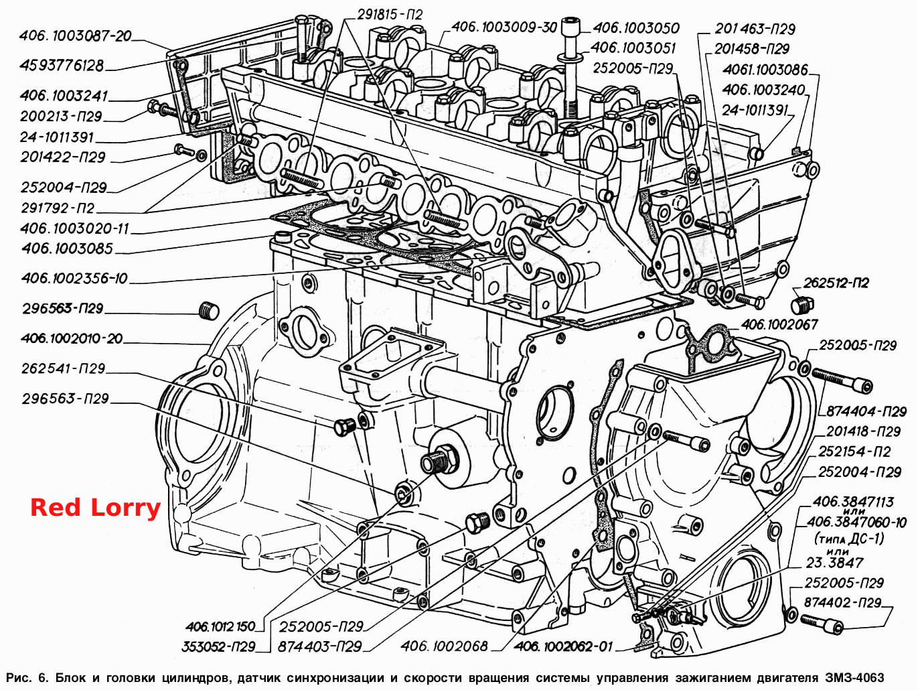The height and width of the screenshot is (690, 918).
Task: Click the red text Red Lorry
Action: (95, 508)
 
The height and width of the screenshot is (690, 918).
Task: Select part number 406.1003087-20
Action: (76, 36)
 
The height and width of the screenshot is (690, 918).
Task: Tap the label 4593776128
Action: (62, 66)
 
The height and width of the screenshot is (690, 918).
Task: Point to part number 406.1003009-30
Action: (504, 27)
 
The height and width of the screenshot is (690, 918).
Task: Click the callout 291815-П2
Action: (390, 15)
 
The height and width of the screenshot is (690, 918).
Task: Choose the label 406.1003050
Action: (636, 28)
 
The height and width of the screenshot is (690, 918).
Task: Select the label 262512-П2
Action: (836, 283)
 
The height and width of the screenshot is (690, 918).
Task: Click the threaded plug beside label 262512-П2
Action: (802, 305)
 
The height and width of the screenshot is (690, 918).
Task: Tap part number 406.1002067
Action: (779, 325)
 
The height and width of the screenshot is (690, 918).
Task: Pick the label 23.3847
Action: (834, 562)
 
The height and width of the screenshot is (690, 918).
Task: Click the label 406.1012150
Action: (220, 626)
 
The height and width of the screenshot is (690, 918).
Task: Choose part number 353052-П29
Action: (218, 646)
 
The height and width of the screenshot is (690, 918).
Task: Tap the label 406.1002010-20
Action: (72, 338)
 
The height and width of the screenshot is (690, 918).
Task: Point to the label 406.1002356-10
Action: (74, 278)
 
